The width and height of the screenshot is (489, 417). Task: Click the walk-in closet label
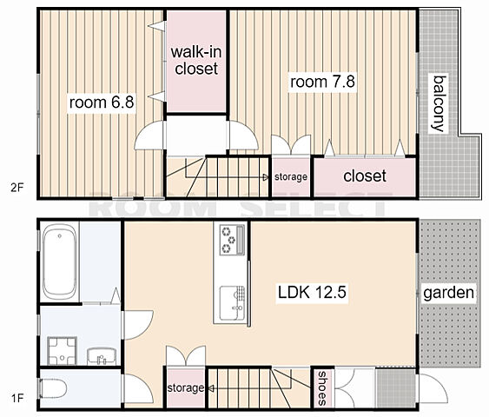[x=196, y=60]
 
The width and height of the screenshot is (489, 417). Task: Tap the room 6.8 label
[x=102, y=103]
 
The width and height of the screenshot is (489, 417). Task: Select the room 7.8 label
[x=322, y=82]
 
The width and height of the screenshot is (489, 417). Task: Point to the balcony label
[x=439, y=103]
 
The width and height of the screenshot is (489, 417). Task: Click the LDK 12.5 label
[x=312, y=292]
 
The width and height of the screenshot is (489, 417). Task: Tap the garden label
[x=448, y=293]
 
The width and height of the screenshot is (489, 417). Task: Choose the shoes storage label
[x=322, y=387]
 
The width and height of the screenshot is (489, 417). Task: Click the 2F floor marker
[x=17, y=188]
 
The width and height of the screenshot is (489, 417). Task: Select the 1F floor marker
[x=17, y=398]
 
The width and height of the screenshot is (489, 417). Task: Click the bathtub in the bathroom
[x=59, y=262]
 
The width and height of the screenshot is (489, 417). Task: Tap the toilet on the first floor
[x=52, y=388]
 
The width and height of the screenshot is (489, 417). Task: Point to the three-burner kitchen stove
[x=232, y=240]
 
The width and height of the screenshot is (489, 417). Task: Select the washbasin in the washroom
[x=102, y=356]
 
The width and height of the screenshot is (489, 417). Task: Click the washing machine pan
[x=62, y=351]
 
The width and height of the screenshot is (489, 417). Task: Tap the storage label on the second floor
[x=291, y=177]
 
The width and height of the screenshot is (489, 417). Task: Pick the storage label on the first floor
[x=186, y=388]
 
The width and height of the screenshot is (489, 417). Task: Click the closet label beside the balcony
[x=365, y=175]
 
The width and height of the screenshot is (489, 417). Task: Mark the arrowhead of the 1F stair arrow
[x=211, y=388]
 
